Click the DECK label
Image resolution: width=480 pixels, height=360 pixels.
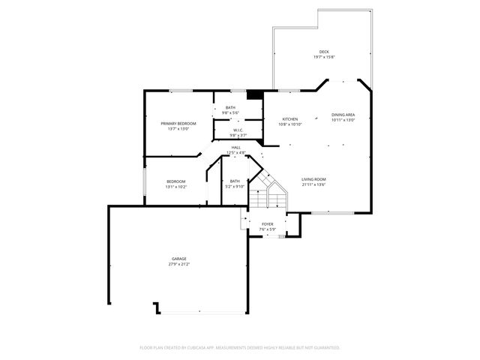323,52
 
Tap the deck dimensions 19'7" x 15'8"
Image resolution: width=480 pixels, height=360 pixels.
323,57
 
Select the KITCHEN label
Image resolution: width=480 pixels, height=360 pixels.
290,119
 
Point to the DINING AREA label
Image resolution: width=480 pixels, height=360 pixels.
343,115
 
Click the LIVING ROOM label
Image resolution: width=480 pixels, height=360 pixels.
313,179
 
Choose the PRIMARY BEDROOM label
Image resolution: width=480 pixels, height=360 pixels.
178,123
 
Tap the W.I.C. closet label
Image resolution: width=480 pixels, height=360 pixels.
236,130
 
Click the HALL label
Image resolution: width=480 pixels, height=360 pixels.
236,148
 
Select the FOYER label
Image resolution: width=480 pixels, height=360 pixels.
267,223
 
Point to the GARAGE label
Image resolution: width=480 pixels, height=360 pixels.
178,259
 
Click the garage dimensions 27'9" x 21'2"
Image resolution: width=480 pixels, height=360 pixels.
178,264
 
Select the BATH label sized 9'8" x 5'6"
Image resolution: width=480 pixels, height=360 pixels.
230,108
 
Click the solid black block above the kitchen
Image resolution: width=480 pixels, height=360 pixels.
255,94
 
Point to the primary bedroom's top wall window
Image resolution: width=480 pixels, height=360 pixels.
180,91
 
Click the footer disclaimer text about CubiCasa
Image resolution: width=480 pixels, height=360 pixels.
240,347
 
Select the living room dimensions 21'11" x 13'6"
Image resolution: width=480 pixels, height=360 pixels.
313,184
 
